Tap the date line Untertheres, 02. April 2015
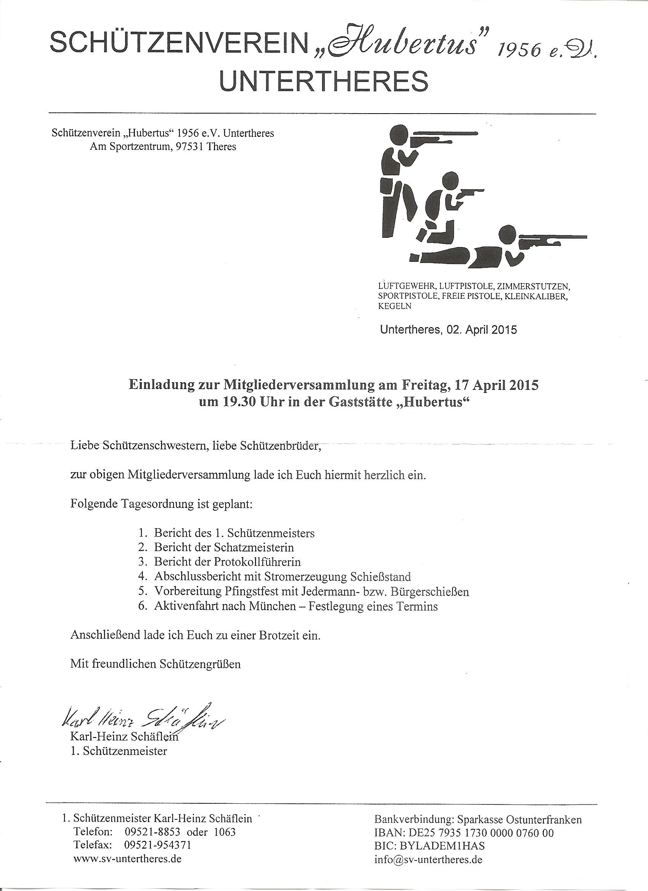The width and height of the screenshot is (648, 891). click(x=448, y=330)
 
